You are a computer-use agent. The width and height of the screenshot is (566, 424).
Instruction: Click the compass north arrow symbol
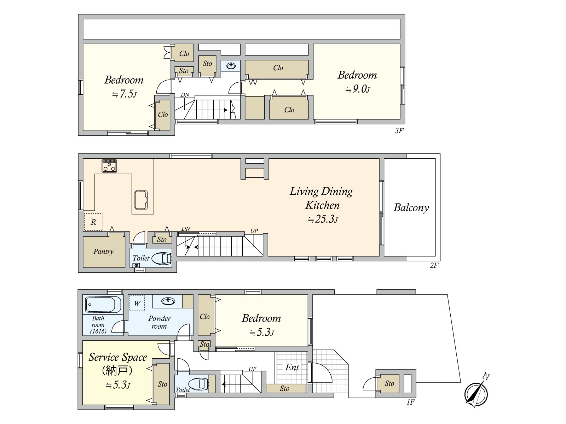pyautogui.click(x=476, y=393)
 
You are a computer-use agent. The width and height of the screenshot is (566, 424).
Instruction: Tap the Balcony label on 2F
pyautogui.click(x=411, y=208)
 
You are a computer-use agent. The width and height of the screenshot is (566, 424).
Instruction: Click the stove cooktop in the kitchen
pyautogui.click(x=109, y=166)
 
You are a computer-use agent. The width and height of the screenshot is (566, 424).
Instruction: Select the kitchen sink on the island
pyautogui.click(x=141, y=200)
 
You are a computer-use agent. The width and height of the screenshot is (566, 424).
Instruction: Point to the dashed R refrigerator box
pyautogui.click(x=93, y=222)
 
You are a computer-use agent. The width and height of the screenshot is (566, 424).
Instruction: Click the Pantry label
pyautogui.click(x=103, y=252)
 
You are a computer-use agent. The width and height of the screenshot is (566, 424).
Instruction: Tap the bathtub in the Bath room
pyautogui.click(x=103, y=305)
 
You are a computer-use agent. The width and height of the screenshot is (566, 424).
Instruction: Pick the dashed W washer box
pyautogui.click(x=137, y=303)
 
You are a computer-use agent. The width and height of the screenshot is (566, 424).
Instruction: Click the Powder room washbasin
pyautogui.click(x=168, y=301)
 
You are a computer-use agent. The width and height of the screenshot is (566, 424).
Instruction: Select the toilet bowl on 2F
pyautogui.click(x=162, y=258)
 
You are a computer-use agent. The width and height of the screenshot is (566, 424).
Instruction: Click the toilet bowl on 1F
pyautogui.click(x=198, y=384)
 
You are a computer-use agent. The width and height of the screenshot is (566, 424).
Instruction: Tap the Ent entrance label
pyautogui.click(x=292, y=367)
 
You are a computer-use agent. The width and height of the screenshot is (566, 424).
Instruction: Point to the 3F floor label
pyautogui.click(x=399, y=131)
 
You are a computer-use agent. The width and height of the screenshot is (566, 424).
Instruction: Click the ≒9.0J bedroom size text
pyautogui.click(x=358, y=89)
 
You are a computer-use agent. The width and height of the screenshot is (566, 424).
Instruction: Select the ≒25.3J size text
pyautogui.click(x=323, y=219)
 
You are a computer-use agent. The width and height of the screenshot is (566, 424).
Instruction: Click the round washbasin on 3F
pyautogui.click(x=231, y=66)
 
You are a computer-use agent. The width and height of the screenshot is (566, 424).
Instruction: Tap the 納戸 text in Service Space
pyautogui.click(x=117, y=371)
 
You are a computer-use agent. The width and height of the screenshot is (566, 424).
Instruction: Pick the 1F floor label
pyautogui.click(x=410, y=402)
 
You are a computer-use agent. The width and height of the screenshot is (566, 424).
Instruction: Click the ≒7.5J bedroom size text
pyautogui.click(x=124, y=94)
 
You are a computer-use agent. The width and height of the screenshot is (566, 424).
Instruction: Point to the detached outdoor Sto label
pyautogui.click(x=389, y=384)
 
